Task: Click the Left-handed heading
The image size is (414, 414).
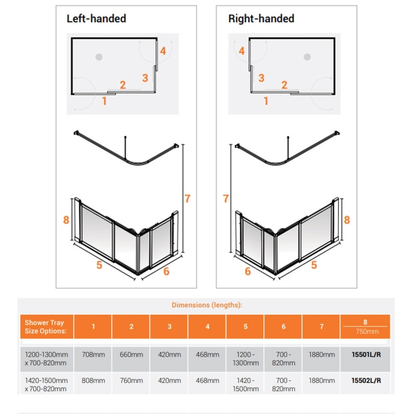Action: (x=96, y=18)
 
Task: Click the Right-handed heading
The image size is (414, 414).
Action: (x=261, y=18)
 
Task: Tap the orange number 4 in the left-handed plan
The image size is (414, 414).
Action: (x=162, y=51)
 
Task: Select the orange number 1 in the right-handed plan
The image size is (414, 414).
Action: (x=266, y=100)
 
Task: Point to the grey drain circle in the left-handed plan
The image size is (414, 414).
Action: (x=99, y=57)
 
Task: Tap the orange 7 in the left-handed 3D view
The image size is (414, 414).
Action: (x=187, y=198)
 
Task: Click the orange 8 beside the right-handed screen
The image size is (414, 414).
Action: (x=347, y=220)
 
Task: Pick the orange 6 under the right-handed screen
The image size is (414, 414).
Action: (x=248, y=271)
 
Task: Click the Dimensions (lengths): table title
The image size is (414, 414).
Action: (x=207, y=305)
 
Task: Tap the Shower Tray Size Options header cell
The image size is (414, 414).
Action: (x=45, y=327)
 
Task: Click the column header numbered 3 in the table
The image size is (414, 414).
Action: (x=169, y=327)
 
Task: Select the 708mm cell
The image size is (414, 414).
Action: (x=93, y=354)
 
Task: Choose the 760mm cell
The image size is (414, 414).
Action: (x=131, y=381)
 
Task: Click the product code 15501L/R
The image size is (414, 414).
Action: (x=366, y=354)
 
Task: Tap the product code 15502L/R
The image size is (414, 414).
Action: (x=366, y=381)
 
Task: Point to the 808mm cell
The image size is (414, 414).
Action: (x=93, y=381)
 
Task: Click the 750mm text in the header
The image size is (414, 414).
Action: (x=366, y=332)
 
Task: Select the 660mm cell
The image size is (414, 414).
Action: (x=131, y=354)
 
